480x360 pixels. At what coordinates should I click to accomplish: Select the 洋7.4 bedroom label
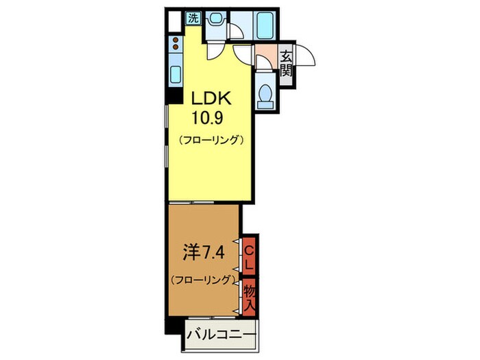(202, 254)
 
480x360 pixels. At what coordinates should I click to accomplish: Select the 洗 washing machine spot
(193, 19)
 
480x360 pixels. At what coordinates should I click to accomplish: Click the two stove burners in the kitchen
(175, 45)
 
